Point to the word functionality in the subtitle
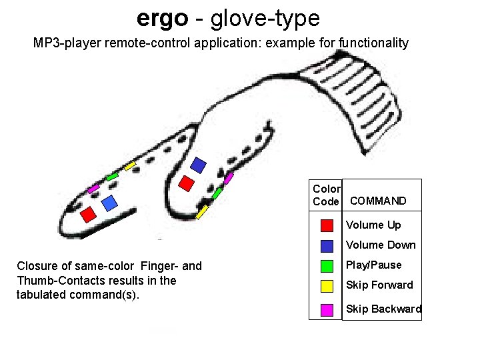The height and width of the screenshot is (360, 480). (374, 43)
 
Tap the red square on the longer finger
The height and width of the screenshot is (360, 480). (88, 215)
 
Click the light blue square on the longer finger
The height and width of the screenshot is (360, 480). (109, 201)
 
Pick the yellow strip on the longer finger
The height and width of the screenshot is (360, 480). (130, 164)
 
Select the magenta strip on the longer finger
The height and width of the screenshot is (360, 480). (93, 189)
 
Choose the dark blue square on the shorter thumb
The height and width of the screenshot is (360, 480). (199, 163)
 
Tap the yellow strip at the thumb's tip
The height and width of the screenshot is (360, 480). (202, 211)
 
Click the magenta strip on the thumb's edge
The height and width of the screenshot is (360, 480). (229, 178)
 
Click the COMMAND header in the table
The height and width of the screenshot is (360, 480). (378, 201)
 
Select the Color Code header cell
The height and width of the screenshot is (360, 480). (326, 195)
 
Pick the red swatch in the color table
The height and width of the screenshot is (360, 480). (327, 225)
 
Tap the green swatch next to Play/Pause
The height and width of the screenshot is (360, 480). (327, 265)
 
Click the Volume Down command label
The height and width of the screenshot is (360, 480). (381, 245)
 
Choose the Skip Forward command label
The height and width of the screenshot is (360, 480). (379, 285)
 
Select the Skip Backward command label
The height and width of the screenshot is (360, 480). (383, 309)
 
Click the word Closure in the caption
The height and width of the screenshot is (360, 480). (37, 267)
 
